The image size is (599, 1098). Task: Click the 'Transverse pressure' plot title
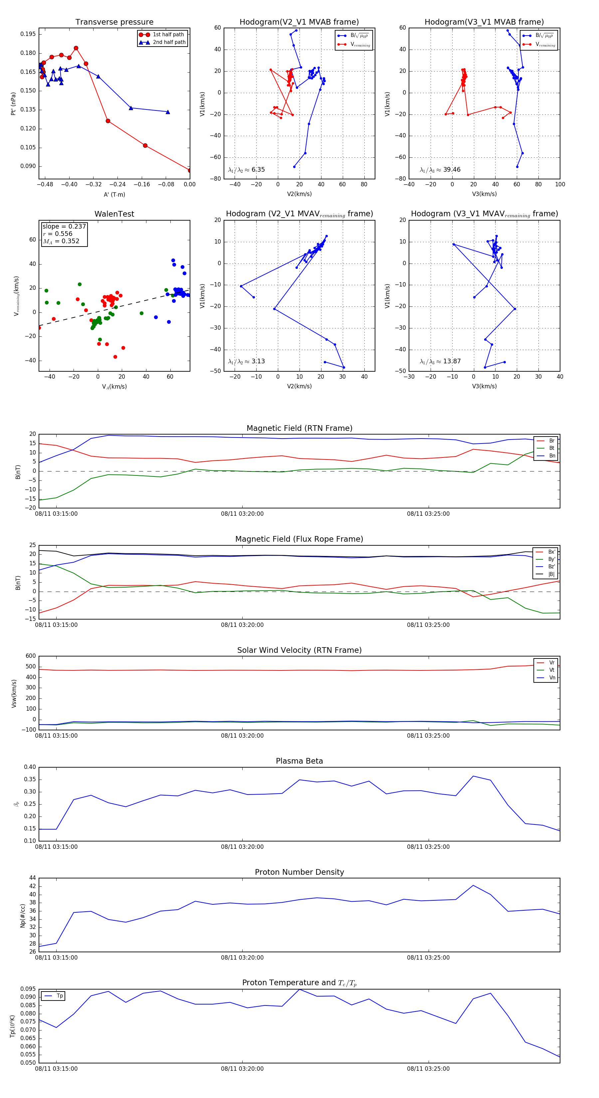(114, 22)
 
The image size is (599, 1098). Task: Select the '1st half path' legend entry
(168, 35)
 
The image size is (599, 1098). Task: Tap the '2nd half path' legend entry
(169, 42)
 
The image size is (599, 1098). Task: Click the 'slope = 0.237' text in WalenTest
(64, 226)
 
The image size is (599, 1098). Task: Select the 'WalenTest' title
(114, 214)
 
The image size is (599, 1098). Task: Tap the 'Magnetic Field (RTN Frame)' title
(299, 428)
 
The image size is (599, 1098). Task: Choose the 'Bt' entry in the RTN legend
(551, 448)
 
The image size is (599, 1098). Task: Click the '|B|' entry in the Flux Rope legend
(551, 574)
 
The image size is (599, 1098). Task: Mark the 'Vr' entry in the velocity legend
(551, 663)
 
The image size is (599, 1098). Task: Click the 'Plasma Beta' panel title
(299, 761)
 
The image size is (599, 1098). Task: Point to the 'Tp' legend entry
(59, 996)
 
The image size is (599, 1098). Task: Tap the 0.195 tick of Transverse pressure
(28, 34)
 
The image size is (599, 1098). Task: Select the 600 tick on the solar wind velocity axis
(31, 656)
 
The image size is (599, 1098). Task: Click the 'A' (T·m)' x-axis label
(114, 195)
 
